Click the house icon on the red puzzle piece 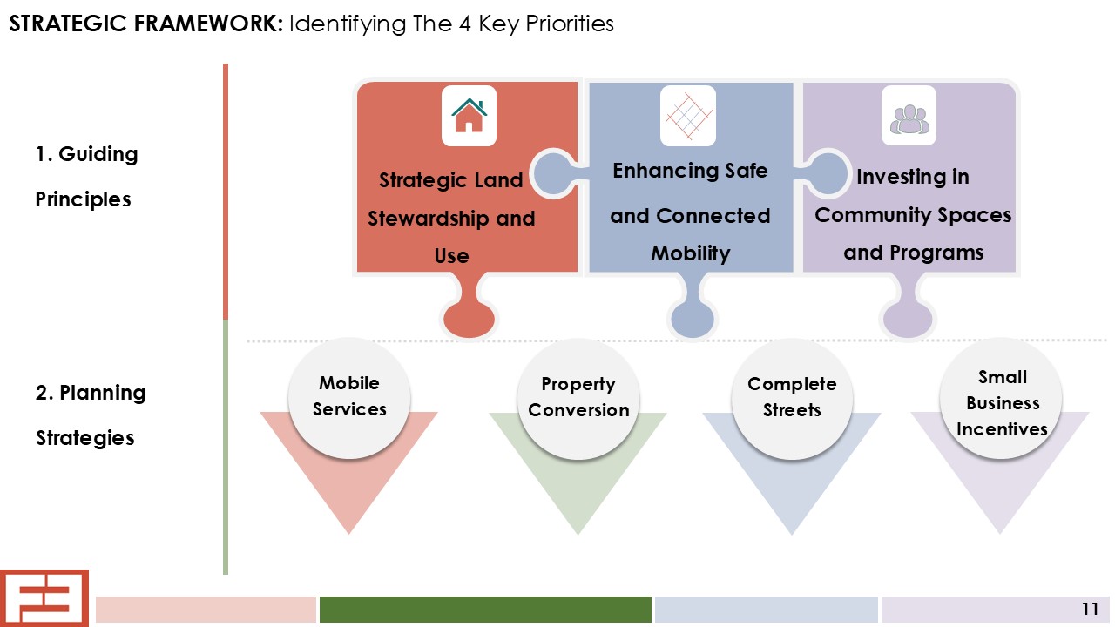pos(469,116)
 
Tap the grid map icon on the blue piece pos(688,116)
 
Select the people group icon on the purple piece pos(909,119)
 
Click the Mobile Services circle pos(349,398)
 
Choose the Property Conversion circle pos(578,399)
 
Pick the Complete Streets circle pos(792,399)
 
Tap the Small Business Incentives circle pos(1001,398)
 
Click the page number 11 pos(1090,609)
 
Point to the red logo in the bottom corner pos(44,598)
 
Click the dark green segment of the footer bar pos(485,609)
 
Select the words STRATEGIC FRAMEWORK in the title pos(146,24)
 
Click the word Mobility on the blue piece pos(691,253)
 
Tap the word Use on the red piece pos(451,256)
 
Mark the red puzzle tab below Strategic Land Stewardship pos(469,308)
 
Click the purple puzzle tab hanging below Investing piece pos(908,308)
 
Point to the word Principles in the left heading pos(83,199)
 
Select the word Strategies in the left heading pos(85,438)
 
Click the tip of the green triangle pos(578,535)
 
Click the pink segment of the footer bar pos(206,609)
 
